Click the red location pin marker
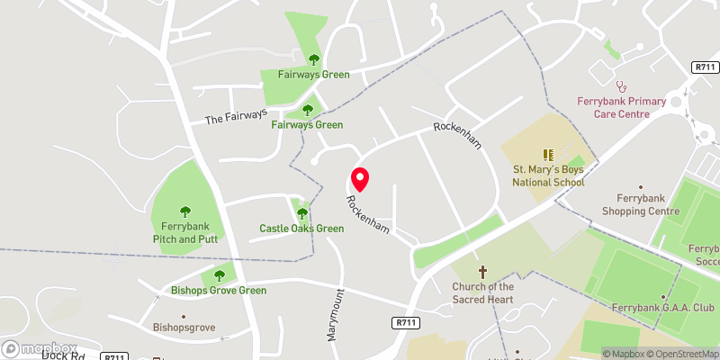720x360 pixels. (360, 179)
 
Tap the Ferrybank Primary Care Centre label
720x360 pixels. (622, 107)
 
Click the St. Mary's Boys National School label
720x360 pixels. (548, 175)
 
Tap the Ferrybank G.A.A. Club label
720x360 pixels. (662, 308)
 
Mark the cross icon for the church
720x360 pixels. (481, 271)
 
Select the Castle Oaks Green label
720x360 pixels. (301, 229)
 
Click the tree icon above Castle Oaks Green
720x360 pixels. (301, 213)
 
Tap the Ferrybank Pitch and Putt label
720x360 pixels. (185, 233)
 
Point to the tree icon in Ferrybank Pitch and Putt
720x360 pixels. (185, 212)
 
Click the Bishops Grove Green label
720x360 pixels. (219, 291)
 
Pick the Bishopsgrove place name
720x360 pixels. (184, 328)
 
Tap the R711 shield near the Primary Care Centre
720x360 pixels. (705, 67)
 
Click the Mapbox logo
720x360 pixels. (39, 348)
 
